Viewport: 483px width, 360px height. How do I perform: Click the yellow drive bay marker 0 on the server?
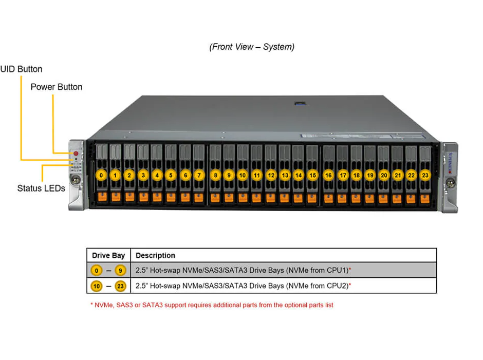(101, 175)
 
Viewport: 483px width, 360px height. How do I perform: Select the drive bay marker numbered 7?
(199, 175)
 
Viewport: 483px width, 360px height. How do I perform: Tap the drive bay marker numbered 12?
(271, 175)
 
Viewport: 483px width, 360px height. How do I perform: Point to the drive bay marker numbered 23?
(425, 175)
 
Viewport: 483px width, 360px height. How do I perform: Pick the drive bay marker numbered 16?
(328, 175)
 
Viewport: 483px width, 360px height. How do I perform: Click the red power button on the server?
(76, 154)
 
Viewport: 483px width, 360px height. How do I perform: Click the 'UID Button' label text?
(21, 69)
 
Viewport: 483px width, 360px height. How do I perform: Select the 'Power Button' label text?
(57, 87)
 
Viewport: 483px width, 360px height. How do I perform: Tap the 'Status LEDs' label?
(41, 188)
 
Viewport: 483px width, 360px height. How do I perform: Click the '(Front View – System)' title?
(252, 47)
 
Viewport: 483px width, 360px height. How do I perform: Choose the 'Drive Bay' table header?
(108, 256)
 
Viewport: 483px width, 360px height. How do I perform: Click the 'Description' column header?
(155, 255)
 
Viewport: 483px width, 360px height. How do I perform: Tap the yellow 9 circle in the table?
(120, 270)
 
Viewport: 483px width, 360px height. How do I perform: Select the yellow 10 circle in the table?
(97, 286)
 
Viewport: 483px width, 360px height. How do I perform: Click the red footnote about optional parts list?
(212, 305)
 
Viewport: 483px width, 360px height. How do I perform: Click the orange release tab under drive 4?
(157, 197)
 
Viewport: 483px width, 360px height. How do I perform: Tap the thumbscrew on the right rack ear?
(450, 183)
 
